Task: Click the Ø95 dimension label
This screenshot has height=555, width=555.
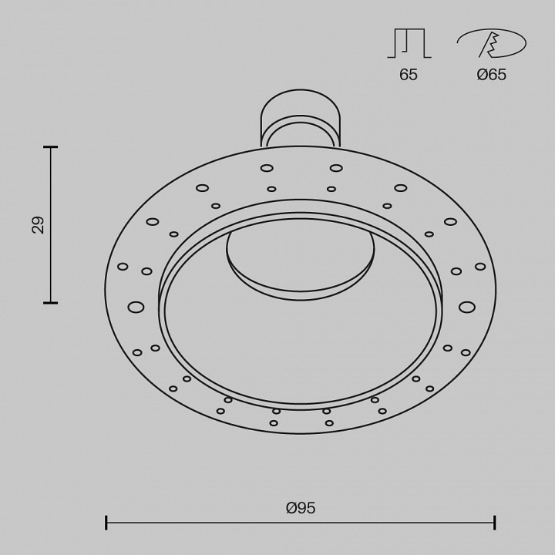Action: point(301,508)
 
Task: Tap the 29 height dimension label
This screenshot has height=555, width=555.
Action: point(38,225)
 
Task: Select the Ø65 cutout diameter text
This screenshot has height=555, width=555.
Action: point(491,75)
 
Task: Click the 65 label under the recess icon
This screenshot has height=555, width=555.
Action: point(409,75)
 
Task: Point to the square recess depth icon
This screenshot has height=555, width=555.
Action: point(409,43)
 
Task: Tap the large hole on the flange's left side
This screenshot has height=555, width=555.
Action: point(136,307)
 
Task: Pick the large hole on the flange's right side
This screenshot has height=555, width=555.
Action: point(466,307)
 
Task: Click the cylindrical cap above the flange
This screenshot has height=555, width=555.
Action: point(300,116)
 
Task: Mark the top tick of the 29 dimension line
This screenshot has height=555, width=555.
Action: point(51,146)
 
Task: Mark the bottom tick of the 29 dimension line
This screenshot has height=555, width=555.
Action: point(51,303)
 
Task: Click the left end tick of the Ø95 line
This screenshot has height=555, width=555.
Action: point(106,523)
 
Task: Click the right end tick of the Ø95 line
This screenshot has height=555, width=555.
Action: point(495,523)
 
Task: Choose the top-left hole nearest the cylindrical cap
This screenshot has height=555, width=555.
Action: point(267,168)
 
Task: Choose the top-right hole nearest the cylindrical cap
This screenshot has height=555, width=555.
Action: point(336,168)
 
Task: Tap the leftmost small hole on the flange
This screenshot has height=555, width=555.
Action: point(123,267)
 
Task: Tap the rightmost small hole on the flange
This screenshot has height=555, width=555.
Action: point(480,267)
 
